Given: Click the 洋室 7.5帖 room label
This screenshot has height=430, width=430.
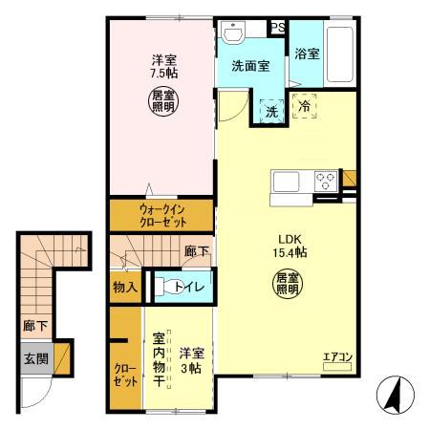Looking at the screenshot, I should pos(161,67).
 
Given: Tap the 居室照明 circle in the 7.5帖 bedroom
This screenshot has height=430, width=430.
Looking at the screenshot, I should pos(161,99).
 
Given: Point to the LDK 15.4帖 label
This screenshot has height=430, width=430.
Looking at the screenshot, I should pos(291,246).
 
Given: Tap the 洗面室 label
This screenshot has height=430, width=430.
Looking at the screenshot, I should pos(249,66).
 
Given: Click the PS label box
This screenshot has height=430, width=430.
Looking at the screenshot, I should pos(277,28).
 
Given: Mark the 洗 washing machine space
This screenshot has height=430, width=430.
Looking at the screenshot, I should pos(269,110).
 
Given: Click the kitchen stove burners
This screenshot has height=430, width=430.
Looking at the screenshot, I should pos(326,179).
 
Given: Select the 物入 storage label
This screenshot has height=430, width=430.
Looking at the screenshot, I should pos(125,286).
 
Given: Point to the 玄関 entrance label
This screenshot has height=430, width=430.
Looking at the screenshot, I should pos(32,360).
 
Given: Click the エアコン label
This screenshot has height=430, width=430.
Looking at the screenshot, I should pos(337,358).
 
